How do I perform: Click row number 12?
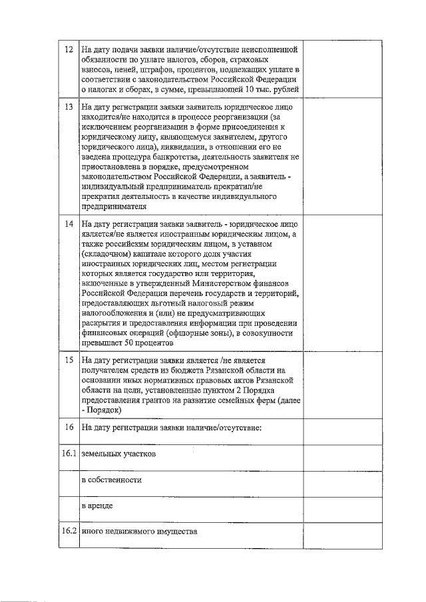tap(69, 50)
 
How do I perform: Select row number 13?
tap(69, 106)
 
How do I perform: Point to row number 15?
tap(69, 360)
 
